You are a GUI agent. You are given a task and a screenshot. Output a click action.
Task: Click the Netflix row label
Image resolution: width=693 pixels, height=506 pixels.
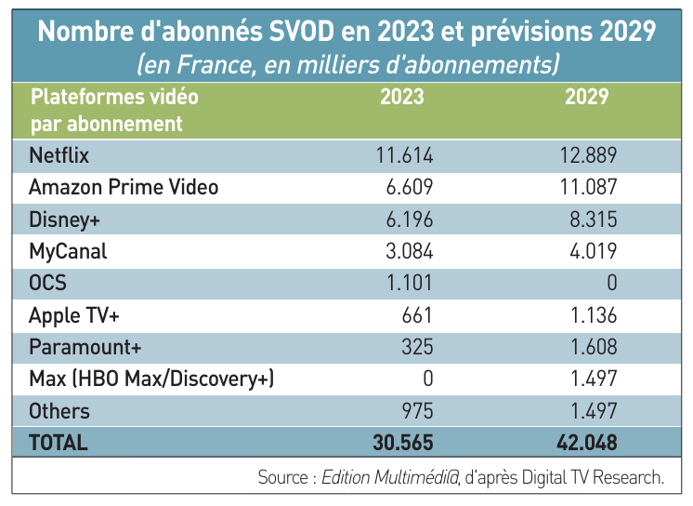[59, 154]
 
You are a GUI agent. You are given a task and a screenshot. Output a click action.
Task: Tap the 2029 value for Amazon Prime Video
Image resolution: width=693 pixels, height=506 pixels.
[587, 187]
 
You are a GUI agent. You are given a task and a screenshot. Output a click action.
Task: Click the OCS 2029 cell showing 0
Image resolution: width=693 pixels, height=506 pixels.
[610, 283]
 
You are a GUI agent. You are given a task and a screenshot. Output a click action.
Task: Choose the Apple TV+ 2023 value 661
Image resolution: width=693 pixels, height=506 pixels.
[416, 315]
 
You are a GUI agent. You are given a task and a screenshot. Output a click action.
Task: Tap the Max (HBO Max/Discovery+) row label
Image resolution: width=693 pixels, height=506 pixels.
[151, 379]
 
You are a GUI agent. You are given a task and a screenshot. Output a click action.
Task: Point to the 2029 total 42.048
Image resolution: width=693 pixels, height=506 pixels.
[584, 443]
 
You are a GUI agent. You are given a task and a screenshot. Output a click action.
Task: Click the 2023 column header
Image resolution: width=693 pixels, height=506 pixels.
[401, 97]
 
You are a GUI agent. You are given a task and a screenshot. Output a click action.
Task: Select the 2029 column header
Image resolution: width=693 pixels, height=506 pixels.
[587, 97]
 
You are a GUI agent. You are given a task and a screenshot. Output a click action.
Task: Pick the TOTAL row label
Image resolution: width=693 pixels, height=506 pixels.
[59, 443]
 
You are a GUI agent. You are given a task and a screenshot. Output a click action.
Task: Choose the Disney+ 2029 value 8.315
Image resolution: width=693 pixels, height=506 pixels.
[592, 219]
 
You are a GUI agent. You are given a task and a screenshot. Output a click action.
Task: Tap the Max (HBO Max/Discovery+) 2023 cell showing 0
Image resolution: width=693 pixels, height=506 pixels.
[428, 379]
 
